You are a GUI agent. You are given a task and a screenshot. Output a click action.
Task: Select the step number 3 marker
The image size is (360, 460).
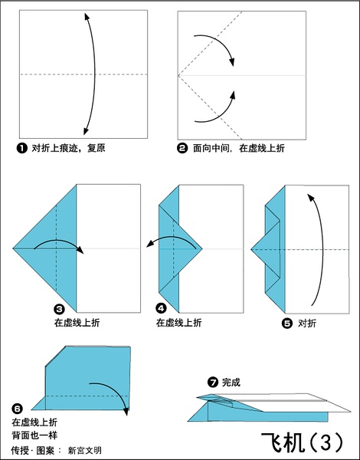coord(60,309)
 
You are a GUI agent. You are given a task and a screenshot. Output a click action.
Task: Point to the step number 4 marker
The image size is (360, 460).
coord(162,308)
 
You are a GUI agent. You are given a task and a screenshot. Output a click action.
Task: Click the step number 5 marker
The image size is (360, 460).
coord(287,324)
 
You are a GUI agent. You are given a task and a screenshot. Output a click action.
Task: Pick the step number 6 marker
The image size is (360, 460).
coord(17,408)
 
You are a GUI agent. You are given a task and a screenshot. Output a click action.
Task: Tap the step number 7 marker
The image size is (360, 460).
coord(213,383)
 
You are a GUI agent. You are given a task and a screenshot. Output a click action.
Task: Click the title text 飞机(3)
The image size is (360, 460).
coord(302,442)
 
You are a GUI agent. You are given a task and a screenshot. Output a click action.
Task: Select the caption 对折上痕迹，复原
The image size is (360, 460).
coord(68,148)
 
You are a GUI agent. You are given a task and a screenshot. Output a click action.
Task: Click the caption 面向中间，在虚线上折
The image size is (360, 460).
coord(239,148)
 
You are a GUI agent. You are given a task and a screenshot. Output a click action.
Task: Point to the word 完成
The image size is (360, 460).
coord(231,383)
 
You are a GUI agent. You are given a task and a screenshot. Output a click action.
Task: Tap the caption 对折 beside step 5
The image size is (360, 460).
coord(307,324)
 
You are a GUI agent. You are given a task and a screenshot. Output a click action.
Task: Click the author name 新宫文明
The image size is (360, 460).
coord(85,451)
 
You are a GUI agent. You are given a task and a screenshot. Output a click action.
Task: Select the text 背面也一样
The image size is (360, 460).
coord(34,435)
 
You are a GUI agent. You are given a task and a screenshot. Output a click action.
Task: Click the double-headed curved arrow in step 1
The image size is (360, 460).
coord(95,74)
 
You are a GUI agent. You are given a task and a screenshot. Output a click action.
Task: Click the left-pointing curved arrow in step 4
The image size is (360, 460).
coord(172,238)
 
